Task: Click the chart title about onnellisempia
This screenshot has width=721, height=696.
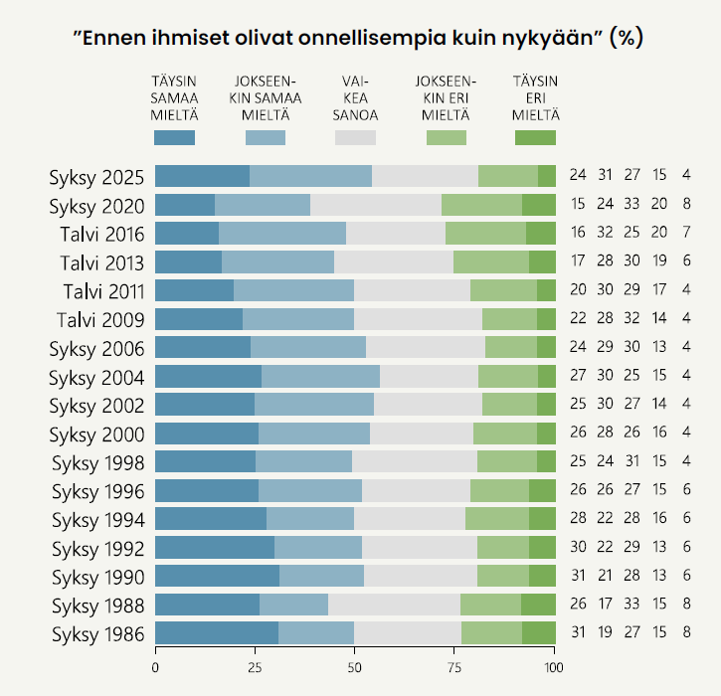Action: pyautogui.click(x=359, y=39)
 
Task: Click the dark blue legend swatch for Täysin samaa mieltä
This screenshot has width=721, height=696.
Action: pyautogui.click(x=175, y=138)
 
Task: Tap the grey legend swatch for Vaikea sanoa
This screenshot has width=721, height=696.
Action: pyautogui.click(x=355, y=138)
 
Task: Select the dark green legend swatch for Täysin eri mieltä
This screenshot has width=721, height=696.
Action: pyautogui.click(x=535, y=138)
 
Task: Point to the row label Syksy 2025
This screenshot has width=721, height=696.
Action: pyautogui.click(x=98, y=177)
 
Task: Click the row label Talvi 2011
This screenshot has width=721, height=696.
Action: pyautogui.click(x=100, y=291)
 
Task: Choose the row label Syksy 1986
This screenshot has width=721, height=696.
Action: pyautogui.click(x=98, y=634)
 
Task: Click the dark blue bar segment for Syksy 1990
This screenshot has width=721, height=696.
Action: pyautogui.click(x=217, y=577)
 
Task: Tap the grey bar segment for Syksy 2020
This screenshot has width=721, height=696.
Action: pyautogui.click(x=376, y=206)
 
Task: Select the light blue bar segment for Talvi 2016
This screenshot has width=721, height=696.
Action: pyautogui.click(x=282, y=234)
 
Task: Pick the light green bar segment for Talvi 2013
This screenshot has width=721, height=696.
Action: pyautogui.click(x=491, y=262)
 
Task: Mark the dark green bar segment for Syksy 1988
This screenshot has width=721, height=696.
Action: pyautogui.click(x=539, y=606)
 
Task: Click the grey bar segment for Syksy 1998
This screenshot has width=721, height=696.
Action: pyautogui.click(x=415, y=462)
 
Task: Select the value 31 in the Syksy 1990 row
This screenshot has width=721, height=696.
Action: pyautogui.click(x=578, y=577)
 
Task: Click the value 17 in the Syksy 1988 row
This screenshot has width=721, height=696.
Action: pyautogui.click(x=606, y=606)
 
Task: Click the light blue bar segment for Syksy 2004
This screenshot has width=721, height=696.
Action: pyautogui.click(x=320, y=377)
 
